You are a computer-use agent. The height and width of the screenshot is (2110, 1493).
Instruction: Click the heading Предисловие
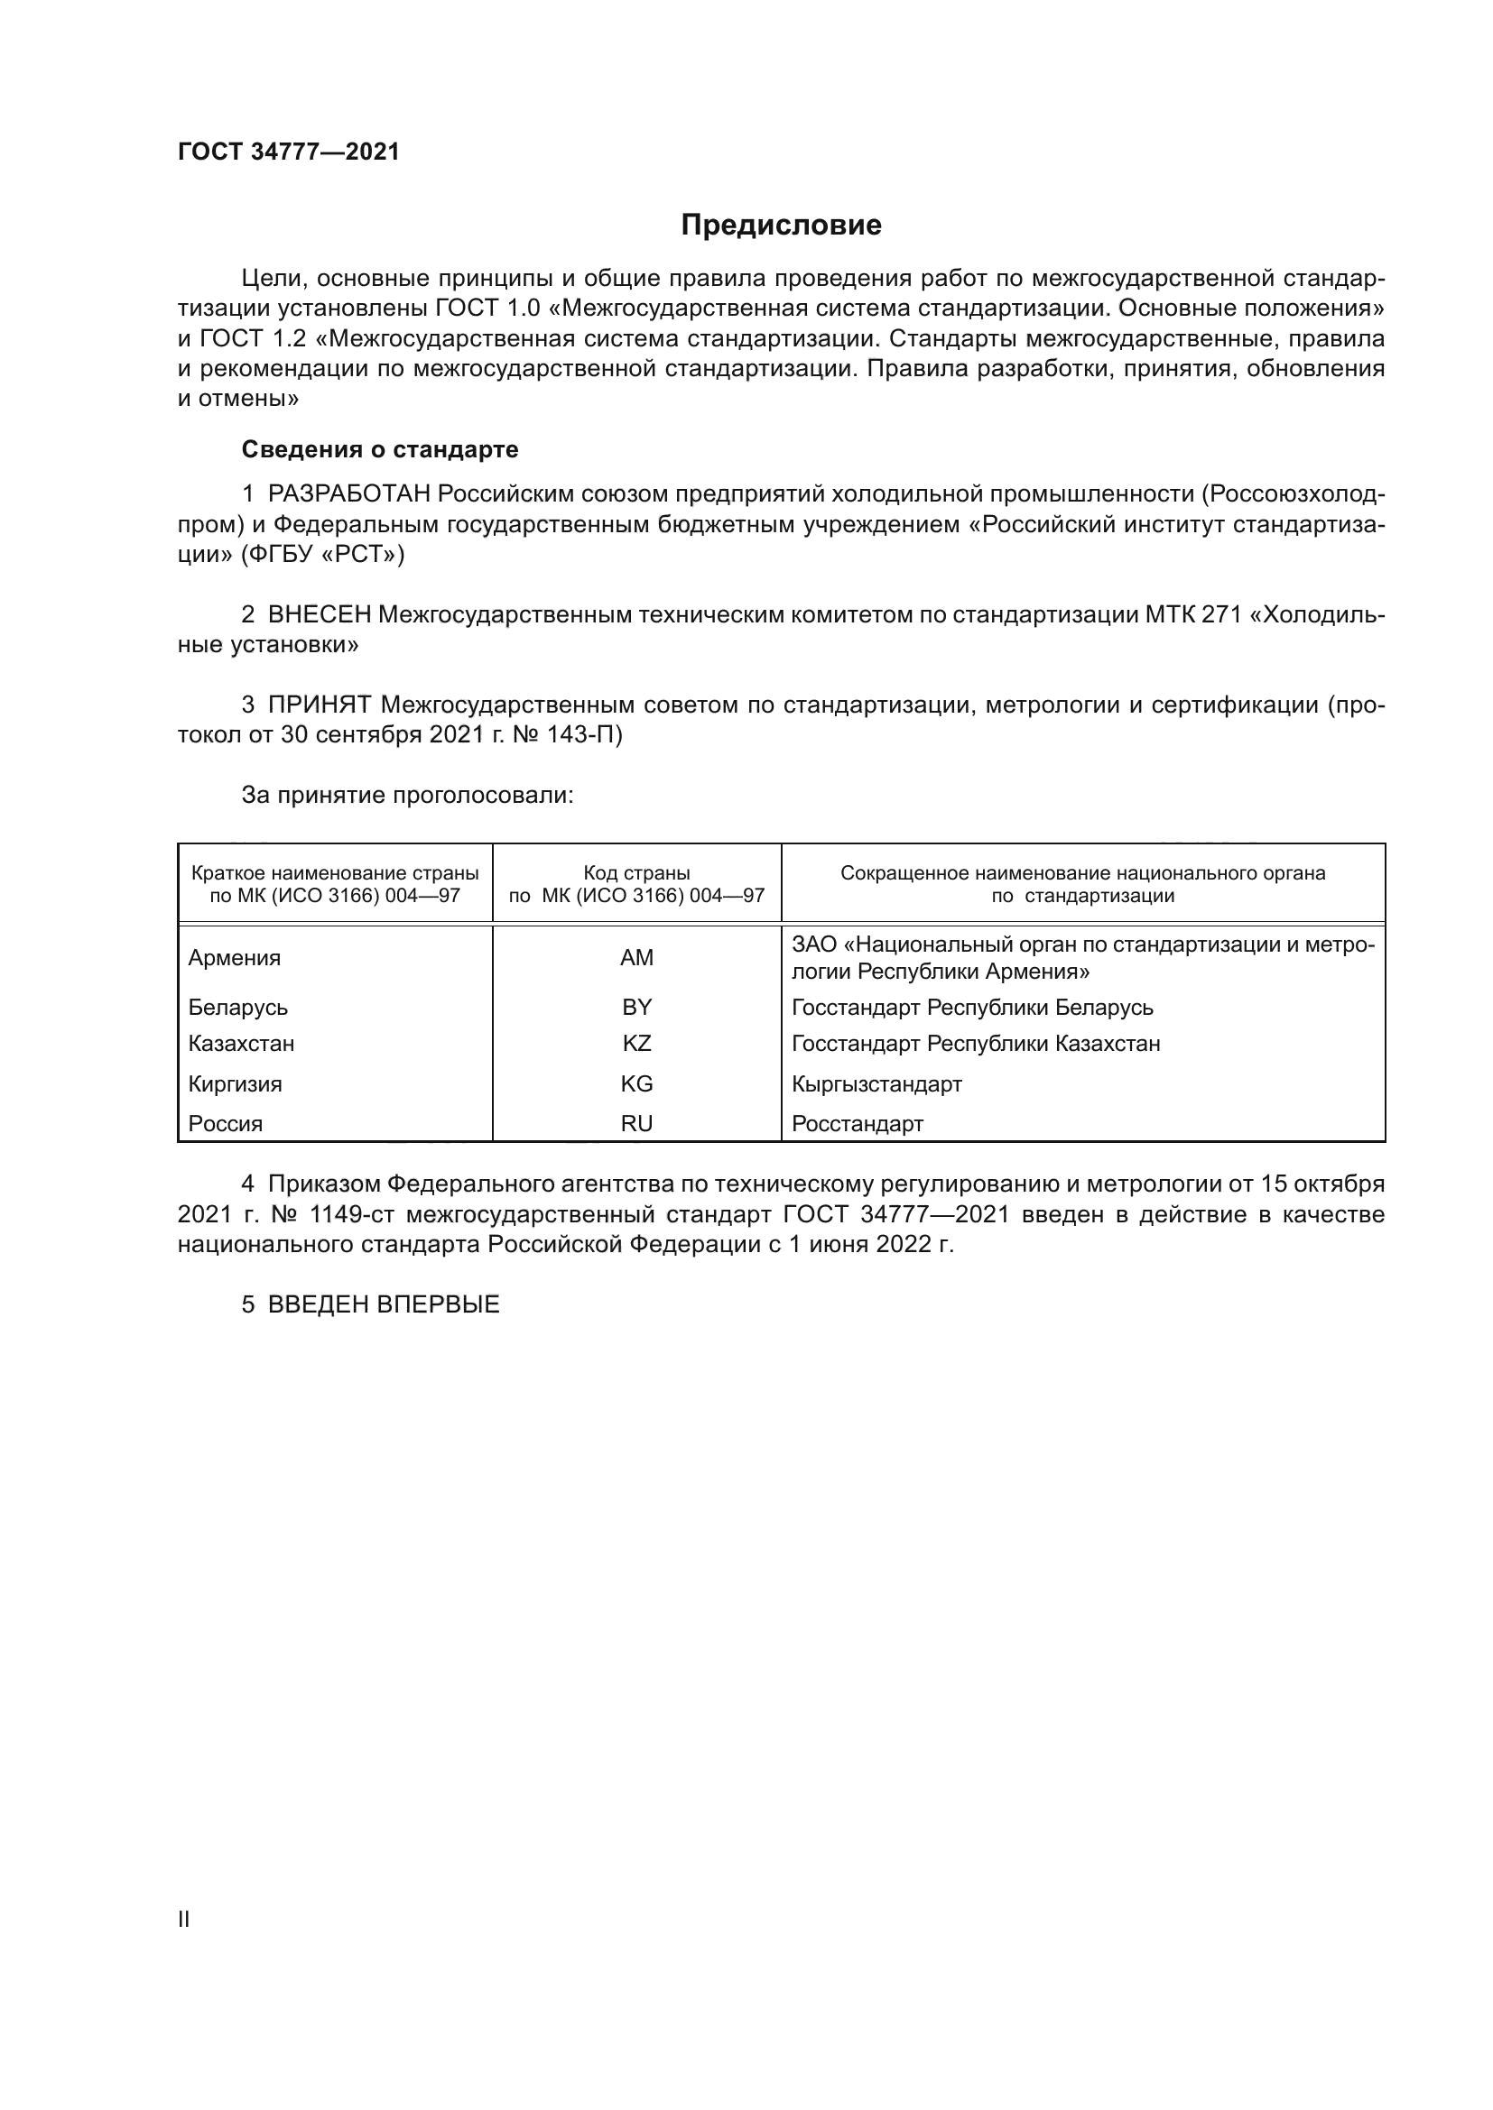coord(781,226)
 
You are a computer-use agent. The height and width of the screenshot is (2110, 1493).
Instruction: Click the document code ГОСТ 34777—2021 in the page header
coord(289,152)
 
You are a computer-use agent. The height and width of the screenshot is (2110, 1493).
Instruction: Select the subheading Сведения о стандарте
coord(380,449)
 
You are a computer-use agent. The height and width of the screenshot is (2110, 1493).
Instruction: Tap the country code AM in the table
coord(636,958)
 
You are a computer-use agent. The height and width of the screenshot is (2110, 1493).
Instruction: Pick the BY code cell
coord(636,1008)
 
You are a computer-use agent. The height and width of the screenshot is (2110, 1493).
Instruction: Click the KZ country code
coord(636,1043)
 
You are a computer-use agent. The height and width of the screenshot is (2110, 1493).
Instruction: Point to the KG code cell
coord(636,1083)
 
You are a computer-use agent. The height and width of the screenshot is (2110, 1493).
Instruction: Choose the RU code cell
coord(636,1123)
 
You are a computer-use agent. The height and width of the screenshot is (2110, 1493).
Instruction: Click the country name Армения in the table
coord(235,958)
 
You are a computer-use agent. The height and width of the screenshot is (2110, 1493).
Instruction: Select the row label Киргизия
coord(236,1083)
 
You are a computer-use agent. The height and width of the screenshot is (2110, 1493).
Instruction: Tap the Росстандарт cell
coord(857,1123)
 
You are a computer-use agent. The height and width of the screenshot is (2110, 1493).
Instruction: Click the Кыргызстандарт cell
coord(876,1083)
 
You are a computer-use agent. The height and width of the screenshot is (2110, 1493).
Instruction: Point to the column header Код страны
coord(636,873)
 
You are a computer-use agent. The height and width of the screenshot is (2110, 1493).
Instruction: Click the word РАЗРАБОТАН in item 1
coord(348,494)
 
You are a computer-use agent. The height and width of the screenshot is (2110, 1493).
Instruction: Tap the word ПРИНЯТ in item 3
coord(319,705)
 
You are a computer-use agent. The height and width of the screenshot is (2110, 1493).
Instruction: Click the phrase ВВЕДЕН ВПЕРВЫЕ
coord(384,1304)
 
